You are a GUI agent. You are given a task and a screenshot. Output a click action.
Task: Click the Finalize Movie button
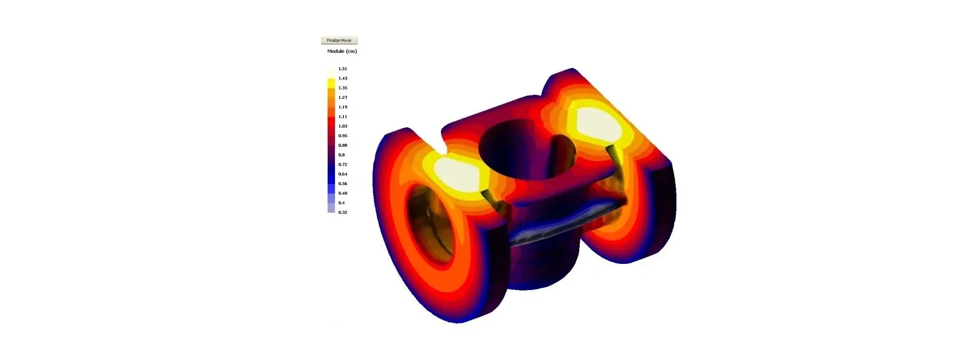(x=339, y=41)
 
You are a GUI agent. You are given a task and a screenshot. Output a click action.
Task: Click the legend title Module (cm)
(x=342, y=51)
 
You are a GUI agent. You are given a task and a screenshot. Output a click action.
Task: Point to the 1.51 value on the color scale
(x=343, y=69)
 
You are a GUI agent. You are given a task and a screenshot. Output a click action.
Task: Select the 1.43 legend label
(x=343, y=78)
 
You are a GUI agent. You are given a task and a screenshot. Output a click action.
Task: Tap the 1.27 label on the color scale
(x=343, y=97)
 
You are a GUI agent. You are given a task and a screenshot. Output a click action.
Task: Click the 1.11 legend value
(x=343, y=117)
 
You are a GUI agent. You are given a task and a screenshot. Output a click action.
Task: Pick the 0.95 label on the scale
(x=343, y=136)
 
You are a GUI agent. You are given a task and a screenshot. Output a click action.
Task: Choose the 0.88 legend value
(x=343, y=146)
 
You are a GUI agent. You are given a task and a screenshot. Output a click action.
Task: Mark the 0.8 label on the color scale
(x=342, y=155)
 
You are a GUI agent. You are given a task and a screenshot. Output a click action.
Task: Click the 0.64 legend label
(x=343, y=174)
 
